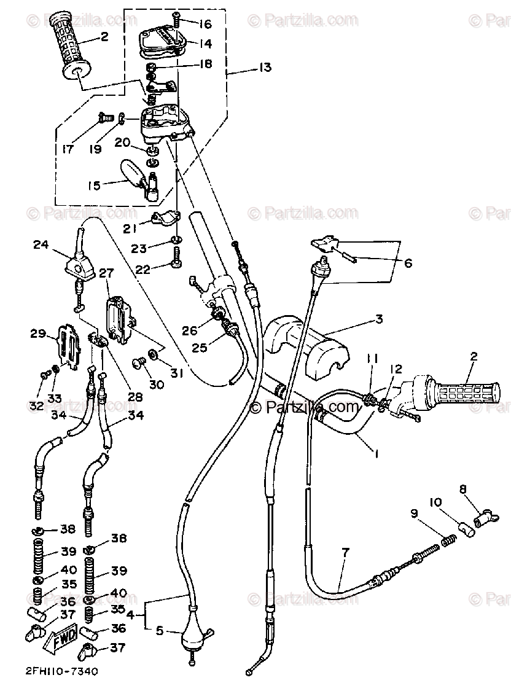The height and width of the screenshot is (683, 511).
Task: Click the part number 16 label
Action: point(205,24)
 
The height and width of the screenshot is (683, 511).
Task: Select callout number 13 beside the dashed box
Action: point(265,68)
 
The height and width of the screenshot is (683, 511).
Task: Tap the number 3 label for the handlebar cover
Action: point(379,319)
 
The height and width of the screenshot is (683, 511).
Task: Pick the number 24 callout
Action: point(41,246)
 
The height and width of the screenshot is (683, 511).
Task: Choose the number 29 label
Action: point(38,334)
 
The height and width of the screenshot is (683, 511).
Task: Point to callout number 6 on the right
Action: point(408,264)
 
